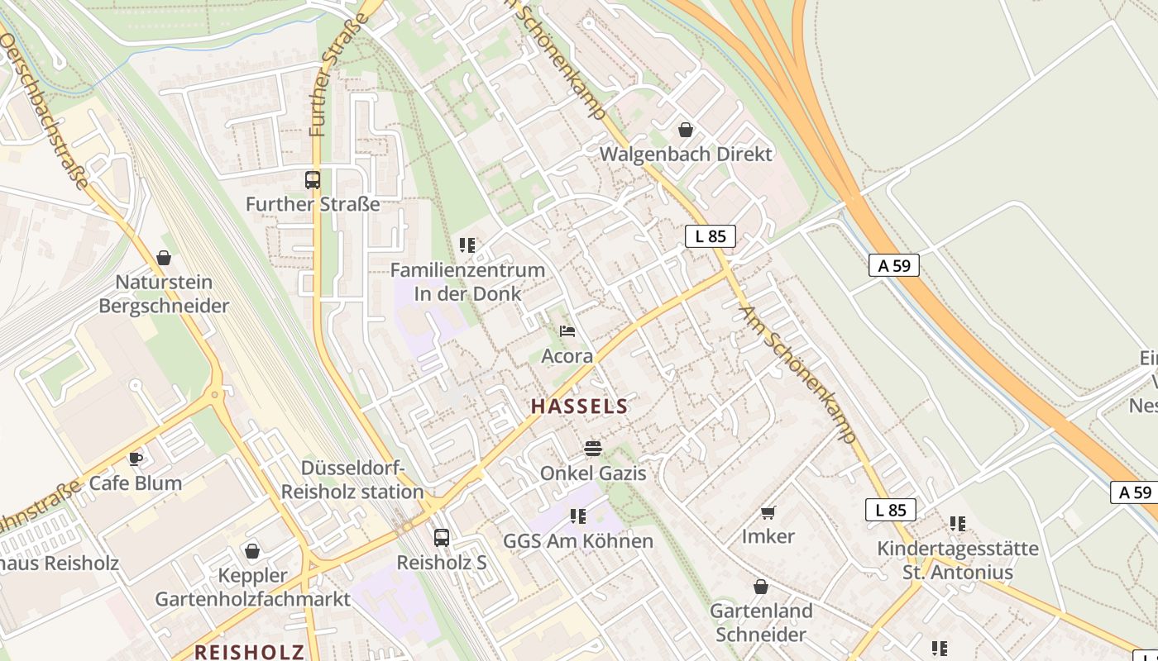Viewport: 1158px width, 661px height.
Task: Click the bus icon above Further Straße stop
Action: tap(313, 179)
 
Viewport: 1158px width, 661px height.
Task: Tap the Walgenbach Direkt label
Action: tap(686, 154)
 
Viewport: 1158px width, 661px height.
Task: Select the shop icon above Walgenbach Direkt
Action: tap(685, 130)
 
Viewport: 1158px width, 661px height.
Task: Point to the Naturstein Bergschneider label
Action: tap(164, 293)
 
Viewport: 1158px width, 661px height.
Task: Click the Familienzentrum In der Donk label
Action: tap(467, 281)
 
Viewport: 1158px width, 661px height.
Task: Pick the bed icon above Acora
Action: tap(567, 331)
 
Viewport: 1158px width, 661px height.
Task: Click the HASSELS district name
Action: tap(579, 406)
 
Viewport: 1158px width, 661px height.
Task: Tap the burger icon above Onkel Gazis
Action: tap(592, 449)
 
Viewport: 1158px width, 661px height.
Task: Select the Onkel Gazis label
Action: tap(593, 473)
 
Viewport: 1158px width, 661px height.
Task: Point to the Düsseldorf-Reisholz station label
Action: tap(352, 480)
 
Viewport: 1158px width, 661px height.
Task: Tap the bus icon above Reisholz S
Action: tap(442, 538)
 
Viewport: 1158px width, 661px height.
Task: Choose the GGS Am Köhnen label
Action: tap(578, 541)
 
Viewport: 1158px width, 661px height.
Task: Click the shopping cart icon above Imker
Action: tap(768, 512)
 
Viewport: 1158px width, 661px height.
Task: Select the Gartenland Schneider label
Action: tap(761, 622)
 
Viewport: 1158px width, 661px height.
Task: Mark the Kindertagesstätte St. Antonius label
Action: tap(958, 560)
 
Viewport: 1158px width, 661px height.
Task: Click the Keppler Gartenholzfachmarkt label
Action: tap(253, 587)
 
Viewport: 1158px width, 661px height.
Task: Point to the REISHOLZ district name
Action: tap(249, 651)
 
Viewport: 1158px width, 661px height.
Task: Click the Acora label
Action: tap(567, 356)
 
